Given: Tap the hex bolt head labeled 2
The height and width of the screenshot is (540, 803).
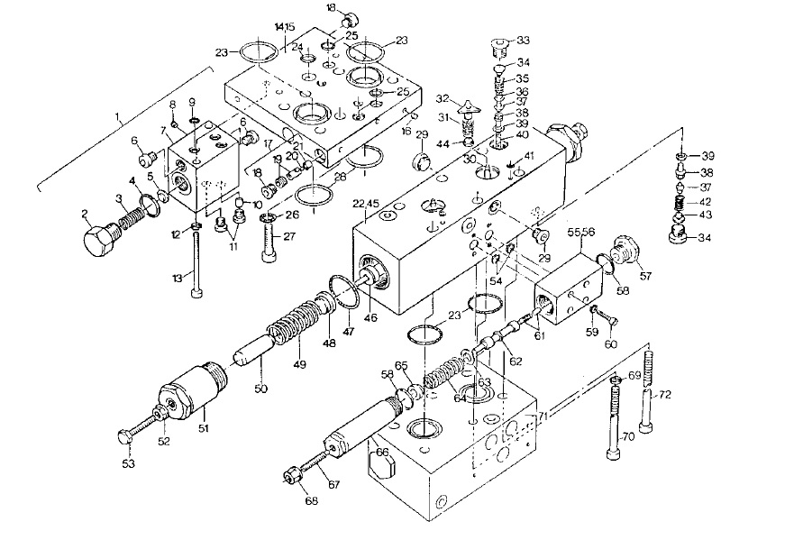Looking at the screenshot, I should point(96,238).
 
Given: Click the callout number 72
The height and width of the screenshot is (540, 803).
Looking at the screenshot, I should point(665,396).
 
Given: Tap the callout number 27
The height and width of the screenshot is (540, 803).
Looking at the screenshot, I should point(290,237).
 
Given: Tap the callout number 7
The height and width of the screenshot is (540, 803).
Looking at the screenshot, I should point(163,131).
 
